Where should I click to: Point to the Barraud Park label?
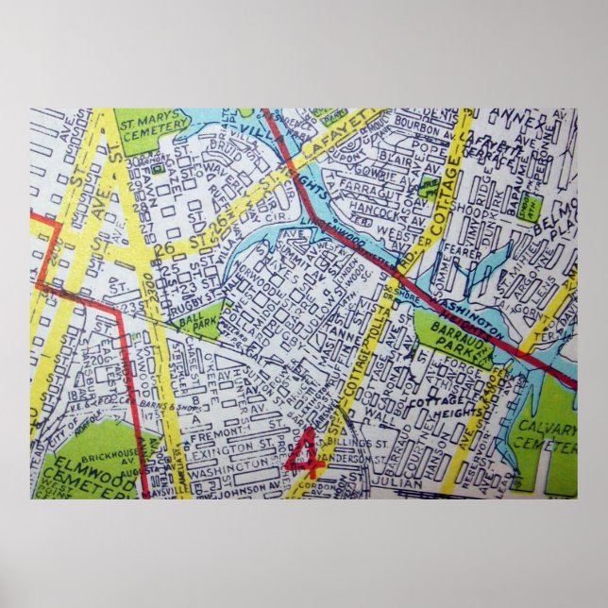point(443,339)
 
